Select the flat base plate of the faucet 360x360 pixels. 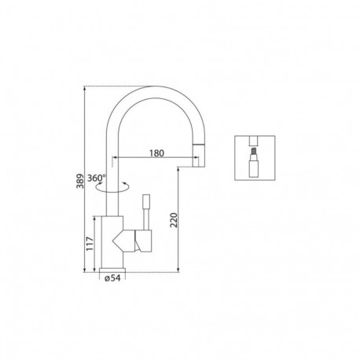point(112,269)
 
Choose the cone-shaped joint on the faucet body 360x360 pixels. point(123,237)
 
